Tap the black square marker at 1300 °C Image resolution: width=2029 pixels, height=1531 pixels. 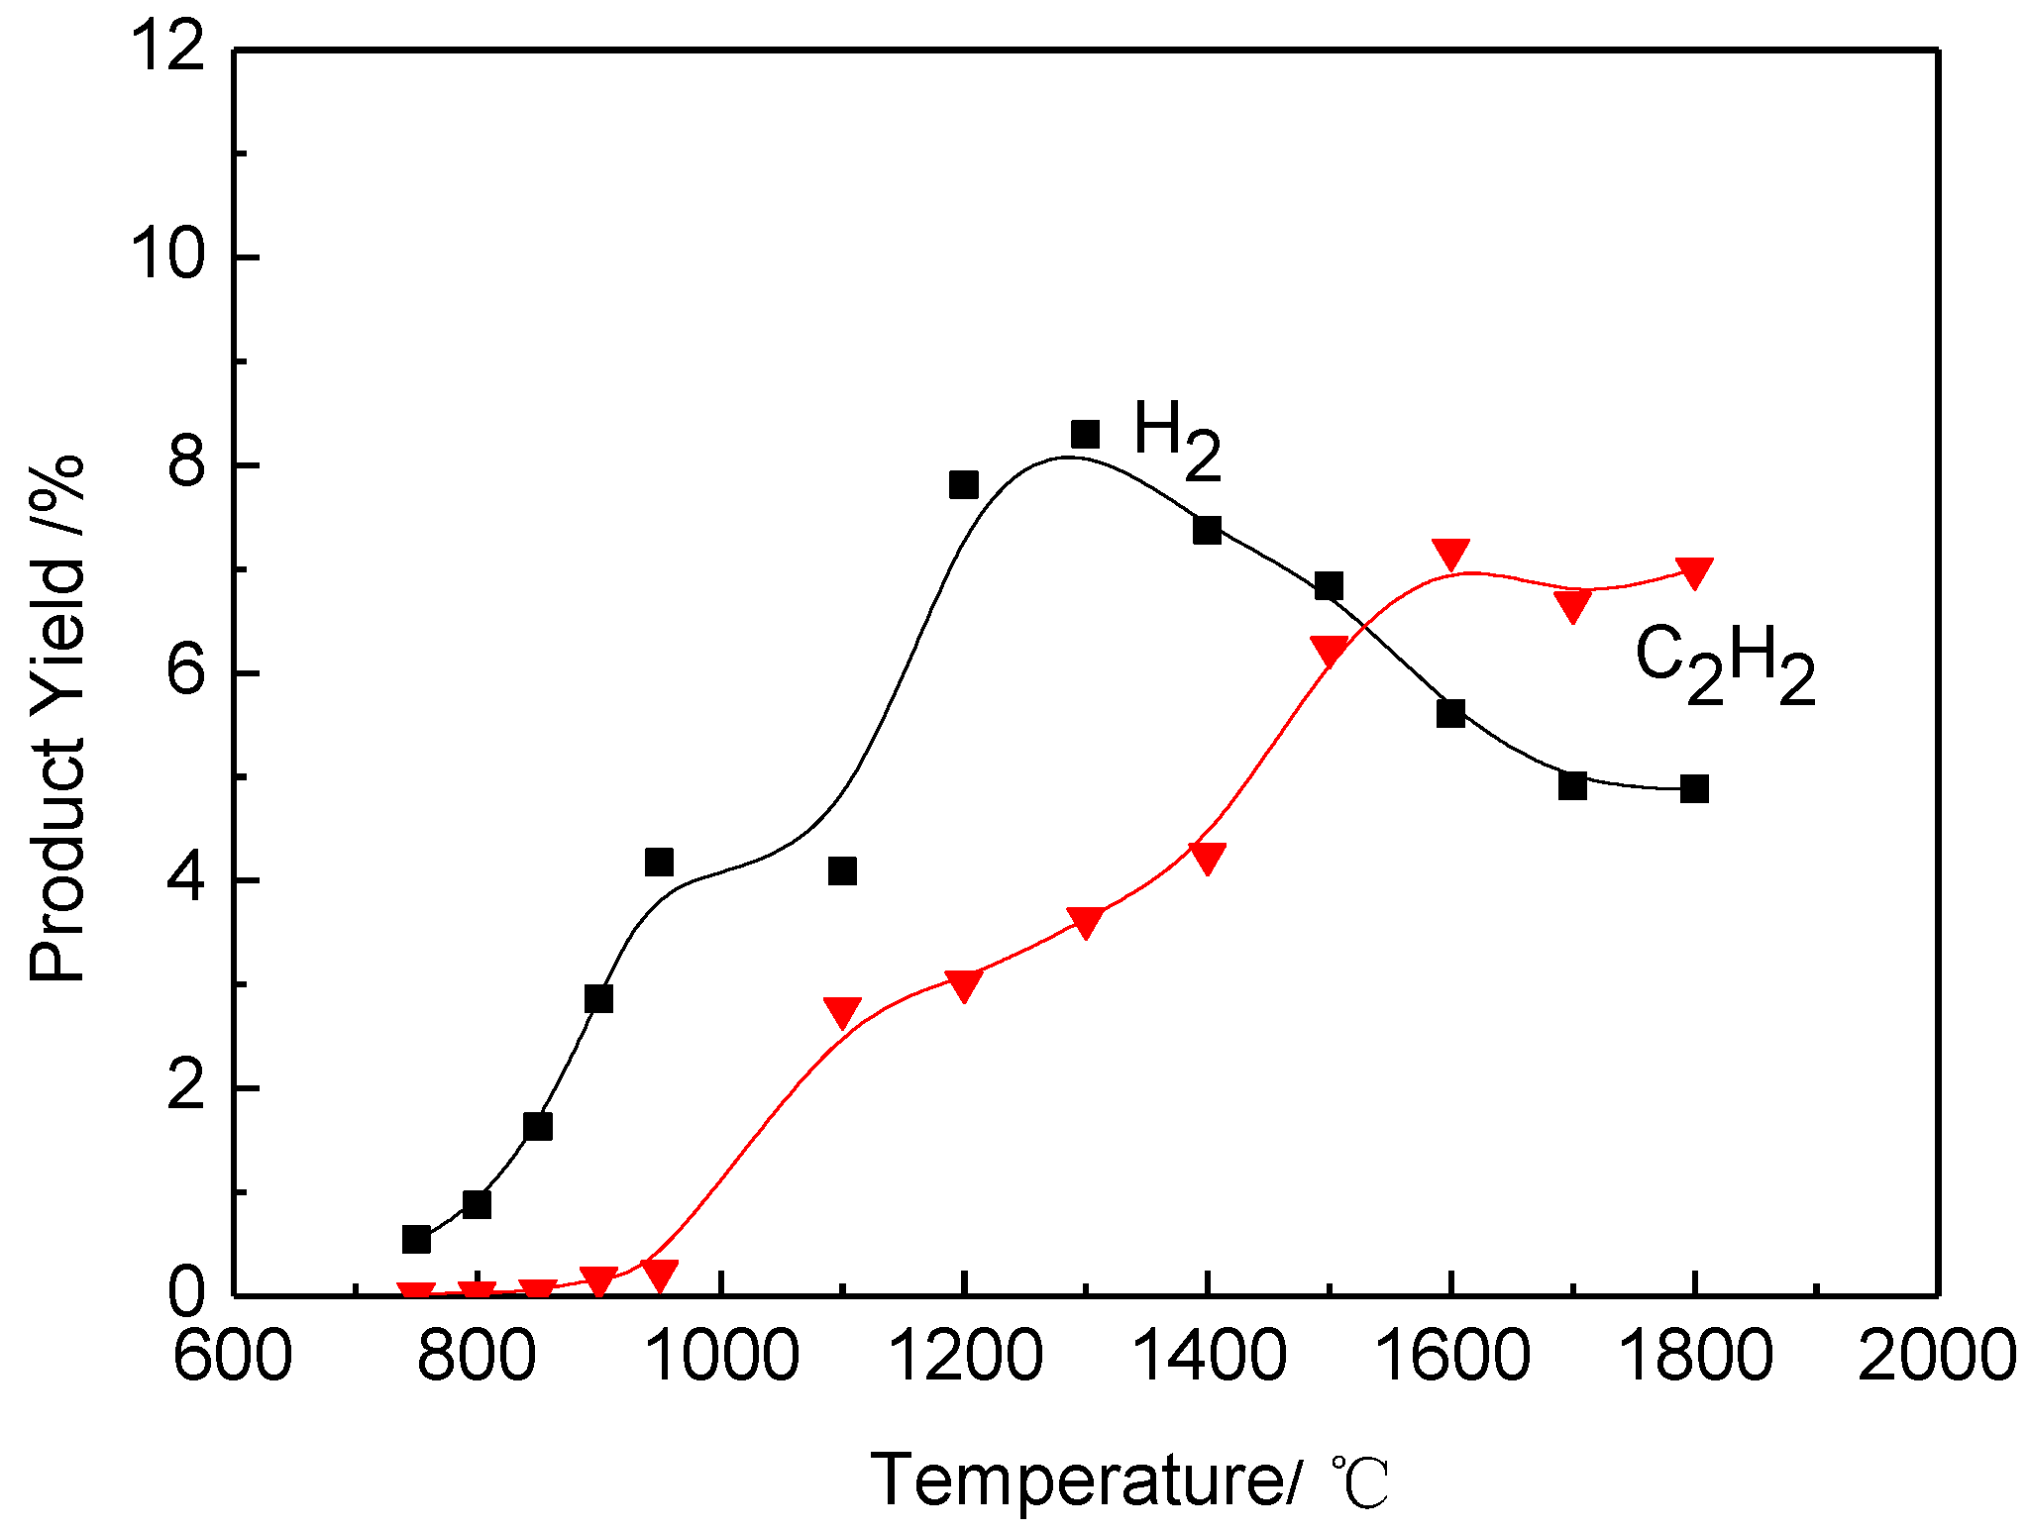point(1085,434)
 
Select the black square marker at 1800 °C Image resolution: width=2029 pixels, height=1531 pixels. point(1694,789)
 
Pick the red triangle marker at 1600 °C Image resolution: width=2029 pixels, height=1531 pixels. point(1450,554)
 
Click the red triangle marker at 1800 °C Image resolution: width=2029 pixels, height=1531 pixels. point(1694,571)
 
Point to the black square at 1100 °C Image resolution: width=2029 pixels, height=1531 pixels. point(842,871)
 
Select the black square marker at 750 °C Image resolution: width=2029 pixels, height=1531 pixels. point(416,1239)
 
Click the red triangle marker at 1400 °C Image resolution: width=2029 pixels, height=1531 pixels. point(1207,857)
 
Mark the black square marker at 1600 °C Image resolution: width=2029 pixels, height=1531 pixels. point(1450,713)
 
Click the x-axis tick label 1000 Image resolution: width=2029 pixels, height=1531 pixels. point(721,1357)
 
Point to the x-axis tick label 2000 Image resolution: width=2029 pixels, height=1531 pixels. point(1936,1357)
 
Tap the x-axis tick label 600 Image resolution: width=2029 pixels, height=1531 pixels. point(233,1357)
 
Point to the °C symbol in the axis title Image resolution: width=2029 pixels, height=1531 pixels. point(1359,1482)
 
